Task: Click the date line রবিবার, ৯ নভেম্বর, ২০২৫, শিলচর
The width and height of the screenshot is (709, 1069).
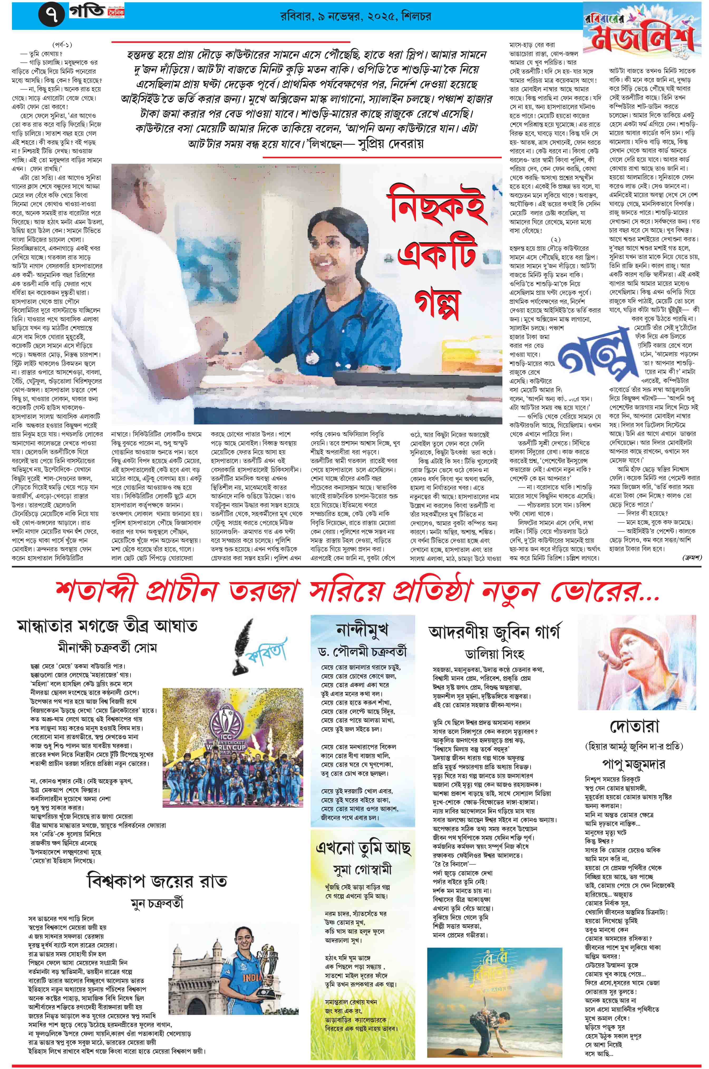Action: coord(355,16)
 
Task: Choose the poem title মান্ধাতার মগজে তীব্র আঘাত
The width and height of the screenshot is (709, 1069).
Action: coord(107,625)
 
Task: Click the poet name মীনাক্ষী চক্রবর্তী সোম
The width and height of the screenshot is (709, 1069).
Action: coord(107,647)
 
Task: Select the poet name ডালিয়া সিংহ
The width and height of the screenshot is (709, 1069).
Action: coord(494,654)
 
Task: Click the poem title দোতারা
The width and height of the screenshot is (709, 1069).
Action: coord(634,726)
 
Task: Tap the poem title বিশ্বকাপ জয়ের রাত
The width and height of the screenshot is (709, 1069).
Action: coord(157,881)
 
